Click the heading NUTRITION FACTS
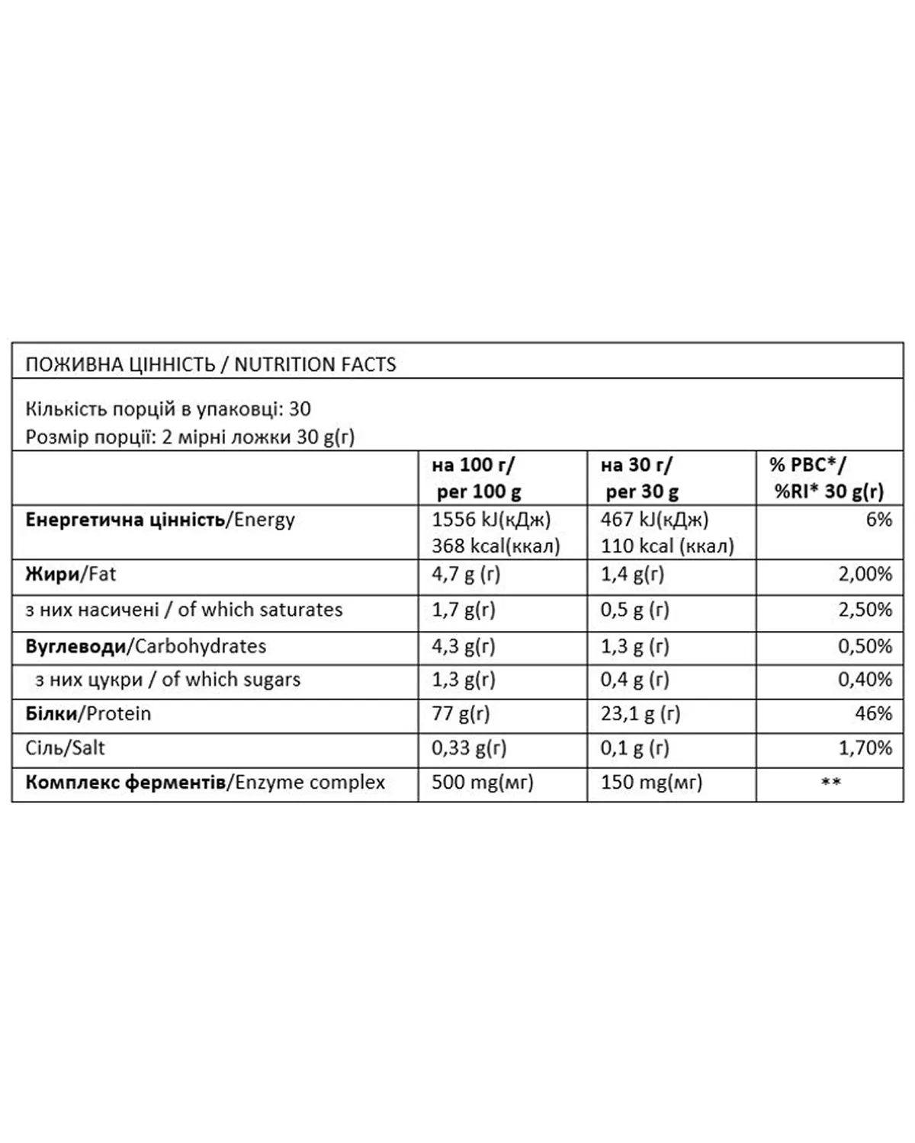(315, 364)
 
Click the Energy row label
(160, 520)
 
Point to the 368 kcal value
(496, 546)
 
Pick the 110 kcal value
(667, 546)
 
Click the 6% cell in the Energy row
(878, 520)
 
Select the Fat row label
(70, 574)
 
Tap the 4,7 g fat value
(466, 574)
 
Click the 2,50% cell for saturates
(865, 610)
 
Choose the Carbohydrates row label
(146, 646)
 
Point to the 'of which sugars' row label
(168, 680)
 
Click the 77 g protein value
(461, 714)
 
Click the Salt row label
(65, 748)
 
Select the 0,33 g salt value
(469, 748)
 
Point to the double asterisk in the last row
(830, 783)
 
